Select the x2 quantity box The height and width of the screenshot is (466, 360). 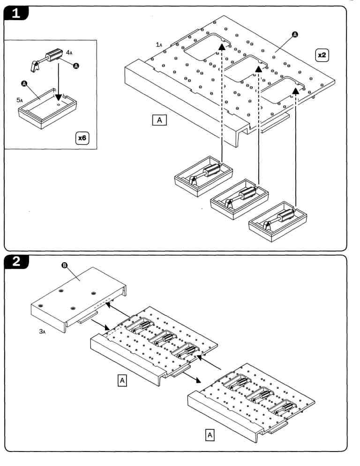(x=322, y=55)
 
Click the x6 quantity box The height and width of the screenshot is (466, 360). (x=82, y=139)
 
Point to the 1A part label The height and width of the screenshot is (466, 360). (x=159, y=44)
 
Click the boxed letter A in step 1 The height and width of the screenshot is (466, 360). (x=159, y=120)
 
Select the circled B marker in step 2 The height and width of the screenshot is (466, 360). (x=66, y=266)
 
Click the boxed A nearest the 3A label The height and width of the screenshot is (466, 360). (x=122, y=381)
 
